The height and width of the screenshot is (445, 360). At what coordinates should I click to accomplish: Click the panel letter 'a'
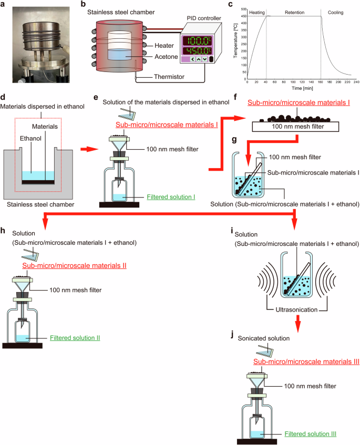click(4, 5)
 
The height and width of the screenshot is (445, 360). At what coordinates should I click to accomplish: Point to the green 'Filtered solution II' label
click(75, 338)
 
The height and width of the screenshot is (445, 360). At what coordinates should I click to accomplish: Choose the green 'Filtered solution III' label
click(310, 434)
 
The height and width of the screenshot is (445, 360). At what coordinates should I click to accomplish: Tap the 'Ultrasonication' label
click(297, 309)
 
